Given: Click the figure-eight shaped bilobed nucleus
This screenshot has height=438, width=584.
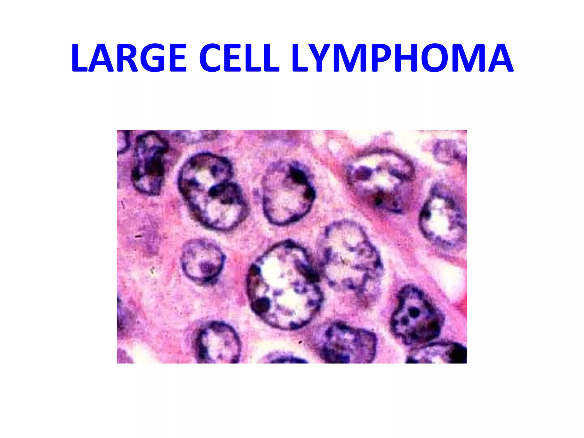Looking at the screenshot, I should click(x=211, y=191).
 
